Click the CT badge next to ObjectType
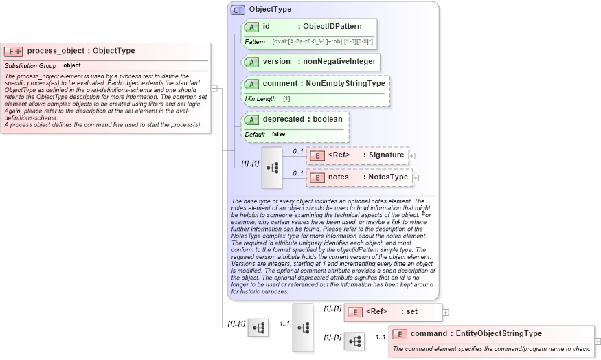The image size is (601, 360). [x=238, y=10]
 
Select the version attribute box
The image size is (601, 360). [x=310, y=62]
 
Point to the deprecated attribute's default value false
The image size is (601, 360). [x=278, y=134]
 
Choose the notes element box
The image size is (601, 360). [x=359, y=177]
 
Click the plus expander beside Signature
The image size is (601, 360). [x=411, y=156]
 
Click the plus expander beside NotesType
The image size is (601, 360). [x=416, y=178]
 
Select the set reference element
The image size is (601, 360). [x=392, y=312]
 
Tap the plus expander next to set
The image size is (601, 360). [x=446, y=313]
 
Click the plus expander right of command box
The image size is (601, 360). [x=598, y=341]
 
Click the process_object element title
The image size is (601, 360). [x=81, y=51]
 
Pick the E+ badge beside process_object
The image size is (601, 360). [x=13, y=52]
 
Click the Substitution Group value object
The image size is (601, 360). [x=72, y=66]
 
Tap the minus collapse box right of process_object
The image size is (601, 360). [x=214, y=88]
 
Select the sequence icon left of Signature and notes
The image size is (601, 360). [x=272, y=167]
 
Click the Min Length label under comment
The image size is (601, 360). [x=260, y=99]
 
